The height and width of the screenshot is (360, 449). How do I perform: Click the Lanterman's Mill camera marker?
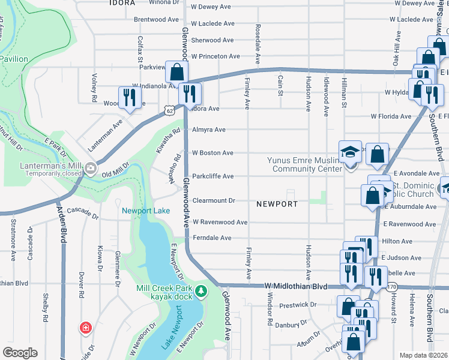[91, 167]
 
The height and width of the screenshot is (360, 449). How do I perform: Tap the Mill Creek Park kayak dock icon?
[202, 292]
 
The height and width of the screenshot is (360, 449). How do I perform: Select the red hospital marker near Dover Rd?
[86, 328]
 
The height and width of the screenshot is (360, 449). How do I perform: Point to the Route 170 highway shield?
[392, 287]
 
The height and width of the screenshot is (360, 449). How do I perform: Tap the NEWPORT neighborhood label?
[277, 204]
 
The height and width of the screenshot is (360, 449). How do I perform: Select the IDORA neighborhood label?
[122, 3]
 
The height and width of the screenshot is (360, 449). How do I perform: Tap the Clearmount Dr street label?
[212, 200]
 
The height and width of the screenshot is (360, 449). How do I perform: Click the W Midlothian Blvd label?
[296, 287]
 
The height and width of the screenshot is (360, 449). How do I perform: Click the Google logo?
[20, 353]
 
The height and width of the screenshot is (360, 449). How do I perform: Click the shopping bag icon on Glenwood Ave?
[178, 72]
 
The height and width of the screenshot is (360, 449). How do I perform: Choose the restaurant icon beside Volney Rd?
[129, 97]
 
